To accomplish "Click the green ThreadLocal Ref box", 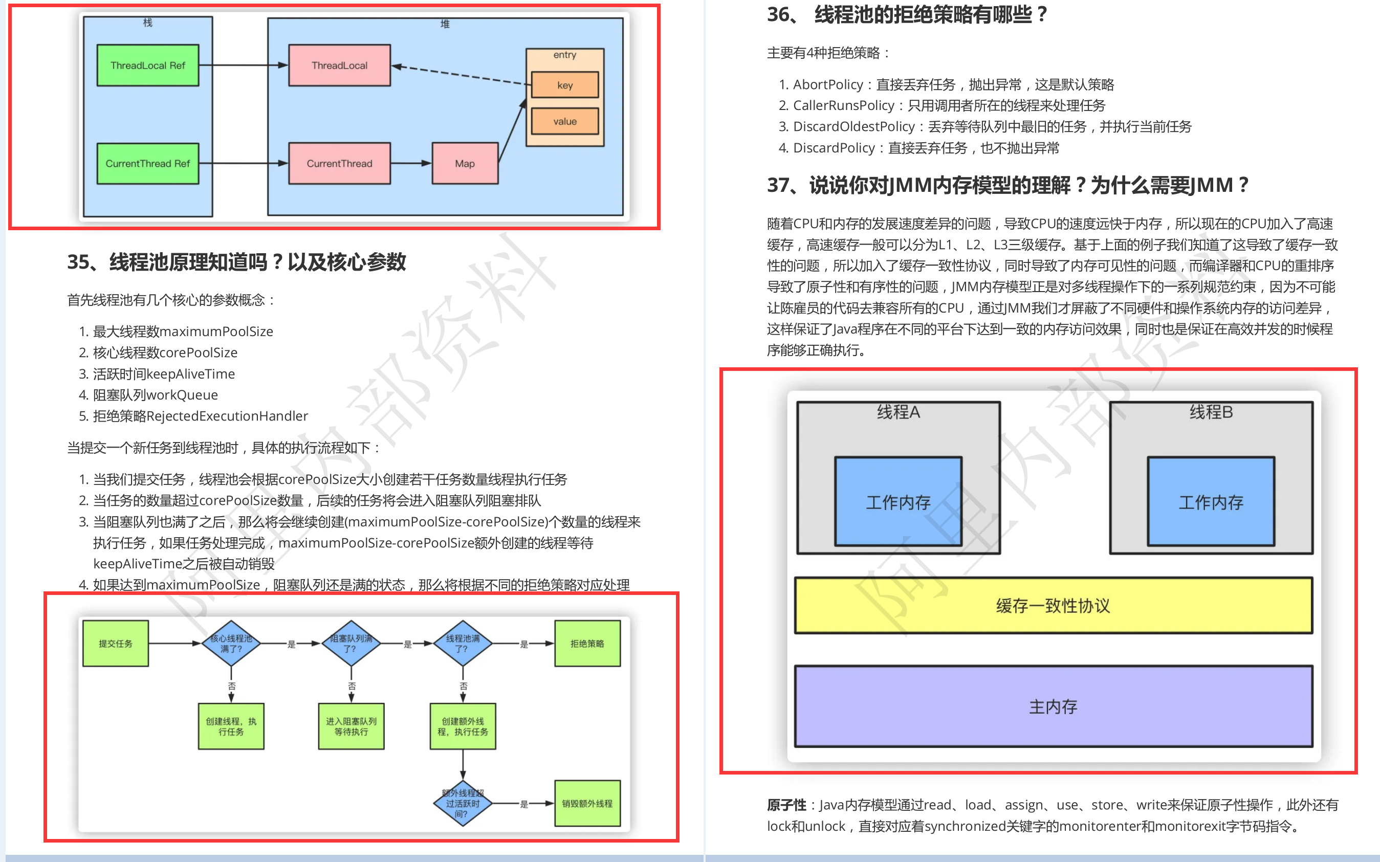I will [148, 65].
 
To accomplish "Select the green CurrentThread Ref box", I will [148, 164].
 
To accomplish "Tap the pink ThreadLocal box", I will [339, 65].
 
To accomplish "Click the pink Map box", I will [465, 164].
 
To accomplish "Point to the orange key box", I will [564, 85].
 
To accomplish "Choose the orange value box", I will [564, 121].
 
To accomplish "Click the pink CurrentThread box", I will [339, 164].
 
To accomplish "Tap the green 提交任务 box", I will [116, 644].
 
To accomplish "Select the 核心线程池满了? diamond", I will [231, 644].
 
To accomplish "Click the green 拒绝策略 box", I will [587, 644].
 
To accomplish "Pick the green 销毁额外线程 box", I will [587, 803].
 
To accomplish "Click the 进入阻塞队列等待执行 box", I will [352, 726].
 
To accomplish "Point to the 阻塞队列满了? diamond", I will [352, 644].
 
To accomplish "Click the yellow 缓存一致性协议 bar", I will [1053, 606].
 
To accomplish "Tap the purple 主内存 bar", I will [1053, 706].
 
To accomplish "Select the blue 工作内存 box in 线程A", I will [898, 502].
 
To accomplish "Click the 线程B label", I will [1211, 412].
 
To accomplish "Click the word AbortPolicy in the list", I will [828, 85].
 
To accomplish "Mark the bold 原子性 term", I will [786, 805].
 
